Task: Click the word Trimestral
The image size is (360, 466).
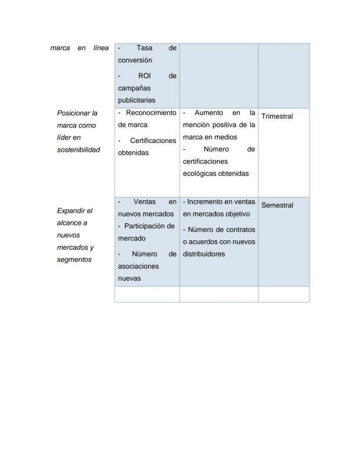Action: tap(277, 116)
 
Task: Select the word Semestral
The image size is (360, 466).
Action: tap(277, 205)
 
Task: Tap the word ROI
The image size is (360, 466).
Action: tap(144, 76)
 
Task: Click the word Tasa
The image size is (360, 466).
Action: tap(144, 48)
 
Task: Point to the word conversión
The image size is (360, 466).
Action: tap(135, 60)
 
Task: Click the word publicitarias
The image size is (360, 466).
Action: tap(137, 100)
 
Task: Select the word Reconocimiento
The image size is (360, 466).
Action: tap(151, 113)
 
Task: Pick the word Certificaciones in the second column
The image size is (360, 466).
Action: tap(153, 141)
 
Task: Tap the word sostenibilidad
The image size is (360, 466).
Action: tap(78, 150)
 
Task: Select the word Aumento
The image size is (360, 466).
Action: tap(209, 113)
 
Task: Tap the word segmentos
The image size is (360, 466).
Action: tap(74, 259)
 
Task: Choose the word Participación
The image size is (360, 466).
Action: tap(149, 226)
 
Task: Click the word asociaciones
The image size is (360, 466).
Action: tap(138, 266)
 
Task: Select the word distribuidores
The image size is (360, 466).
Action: tap(203, 254)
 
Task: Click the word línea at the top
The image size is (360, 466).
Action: tap(101, 48)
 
